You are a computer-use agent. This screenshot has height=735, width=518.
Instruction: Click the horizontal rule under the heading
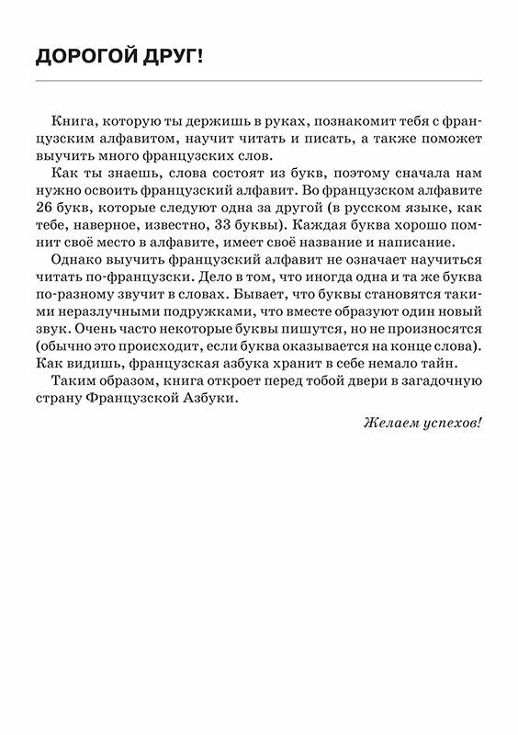259,81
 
